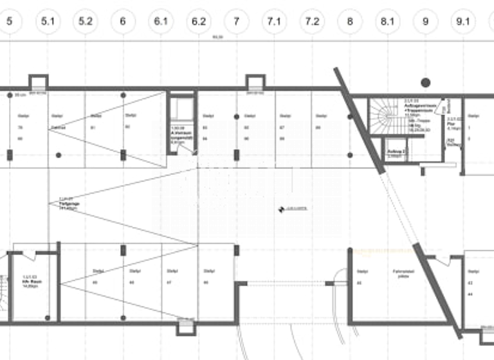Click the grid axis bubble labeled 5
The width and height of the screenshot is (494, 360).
point(9,21)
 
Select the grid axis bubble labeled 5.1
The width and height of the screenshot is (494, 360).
point(48,21)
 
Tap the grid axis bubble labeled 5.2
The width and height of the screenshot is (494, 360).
point(86,21)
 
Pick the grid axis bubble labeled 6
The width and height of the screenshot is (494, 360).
point(123,21)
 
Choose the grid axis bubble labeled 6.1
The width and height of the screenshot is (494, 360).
point(161,21)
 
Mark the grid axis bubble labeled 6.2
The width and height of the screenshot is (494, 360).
point(199,21)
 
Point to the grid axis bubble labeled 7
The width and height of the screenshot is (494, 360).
point(237,21)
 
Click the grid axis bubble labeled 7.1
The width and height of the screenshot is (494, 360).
point(274,21)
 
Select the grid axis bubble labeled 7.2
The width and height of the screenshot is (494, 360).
point(312,21)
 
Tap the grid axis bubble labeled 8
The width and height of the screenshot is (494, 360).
point(350,21)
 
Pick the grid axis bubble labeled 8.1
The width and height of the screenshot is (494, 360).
point(387,21)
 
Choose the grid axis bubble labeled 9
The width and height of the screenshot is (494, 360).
point(425,21)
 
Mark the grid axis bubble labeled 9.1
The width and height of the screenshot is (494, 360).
point(463,21)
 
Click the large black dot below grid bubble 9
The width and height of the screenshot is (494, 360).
point(425,82)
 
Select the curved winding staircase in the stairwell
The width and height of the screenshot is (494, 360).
point(385,118)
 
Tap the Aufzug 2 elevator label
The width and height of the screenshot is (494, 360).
point(395,154)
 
